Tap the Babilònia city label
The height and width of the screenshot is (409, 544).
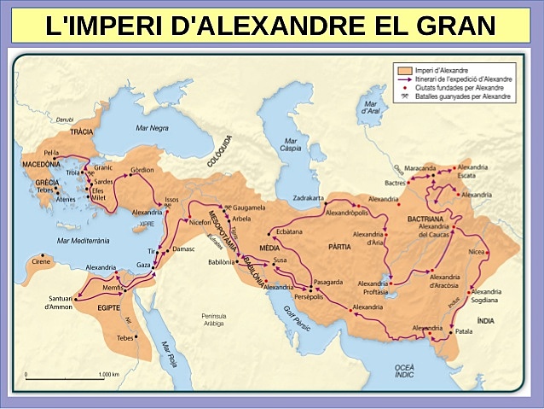coord(223,262)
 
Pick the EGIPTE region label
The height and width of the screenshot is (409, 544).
coord(109,307)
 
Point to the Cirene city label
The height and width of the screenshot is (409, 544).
coord(41,261)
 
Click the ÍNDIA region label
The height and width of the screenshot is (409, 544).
coord(485,320)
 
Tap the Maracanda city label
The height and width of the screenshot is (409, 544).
coord(420,167)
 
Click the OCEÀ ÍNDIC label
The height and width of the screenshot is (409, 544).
coord(404,370)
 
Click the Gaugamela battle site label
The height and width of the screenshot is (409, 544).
coord(250,207)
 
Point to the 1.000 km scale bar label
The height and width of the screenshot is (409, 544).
coord(107,374)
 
